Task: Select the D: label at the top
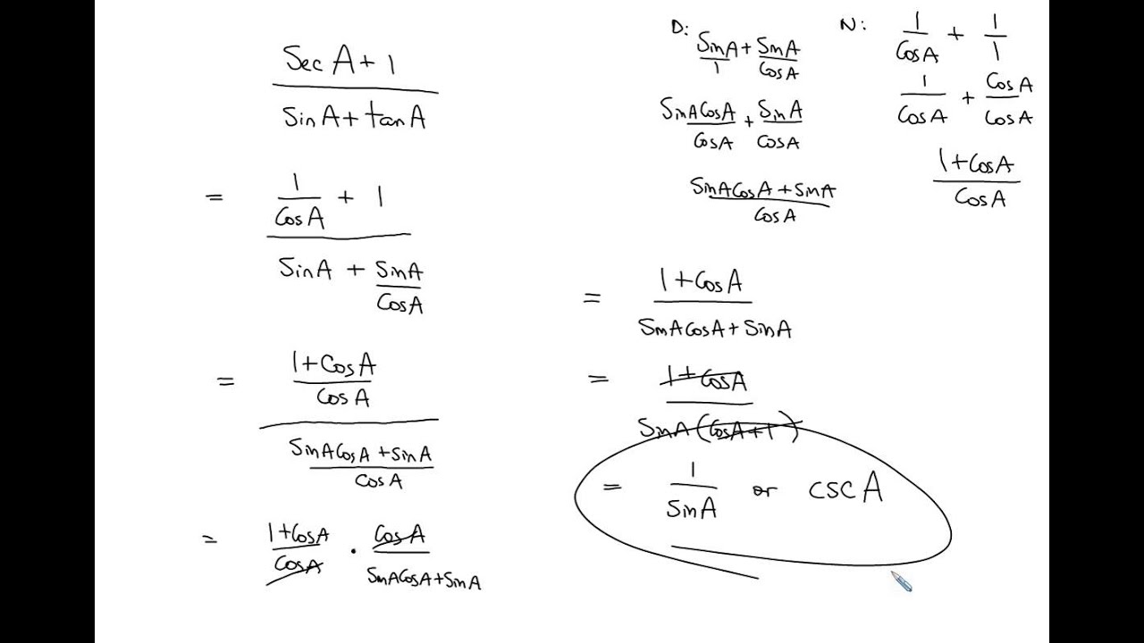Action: [678, 26]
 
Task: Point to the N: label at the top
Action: [852, 24]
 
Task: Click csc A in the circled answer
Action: [845, 489]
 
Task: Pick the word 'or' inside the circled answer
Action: [764, 491]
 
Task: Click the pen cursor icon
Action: [901, 581]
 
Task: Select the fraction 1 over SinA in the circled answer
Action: [691, 492]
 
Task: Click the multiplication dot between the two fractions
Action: [354, 550]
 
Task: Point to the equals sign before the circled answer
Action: [611, 487]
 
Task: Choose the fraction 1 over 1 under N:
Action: [995, 38]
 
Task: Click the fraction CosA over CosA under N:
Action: [1009, 100]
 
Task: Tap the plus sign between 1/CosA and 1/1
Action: [955, 35]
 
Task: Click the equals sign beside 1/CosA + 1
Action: [214, 198]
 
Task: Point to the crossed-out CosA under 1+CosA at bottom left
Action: [298, 565]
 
